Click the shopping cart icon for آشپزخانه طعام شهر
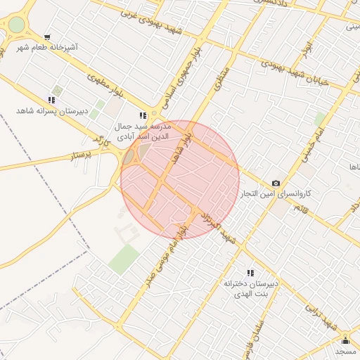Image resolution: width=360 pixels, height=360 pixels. pos(47,37)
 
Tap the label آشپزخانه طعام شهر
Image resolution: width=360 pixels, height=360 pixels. pos(48,47)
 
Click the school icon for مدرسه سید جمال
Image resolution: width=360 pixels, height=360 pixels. pos(143,115)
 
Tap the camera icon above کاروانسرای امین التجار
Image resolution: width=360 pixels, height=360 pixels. pos(276,183)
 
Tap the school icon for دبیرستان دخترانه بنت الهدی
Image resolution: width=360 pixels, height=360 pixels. pos(250,272)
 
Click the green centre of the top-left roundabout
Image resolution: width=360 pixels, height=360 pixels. pos(15,25)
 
